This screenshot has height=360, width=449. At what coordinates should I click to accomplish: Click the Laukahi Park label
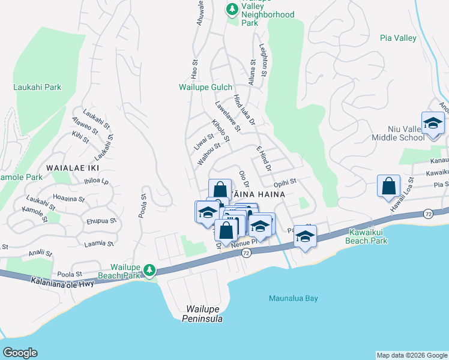pos(37,87)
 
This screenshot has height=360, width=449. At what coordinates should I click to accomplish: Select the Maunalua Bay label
pos(293,298)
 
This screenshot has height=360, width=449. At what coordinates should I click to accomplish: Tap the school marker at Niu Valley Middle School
pos(432,124)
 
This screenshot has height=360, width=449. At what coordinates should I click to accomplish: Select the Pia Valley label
pos(398,38)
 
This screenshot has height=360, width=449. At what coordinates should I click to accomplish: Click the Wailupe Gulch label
pos(205,87)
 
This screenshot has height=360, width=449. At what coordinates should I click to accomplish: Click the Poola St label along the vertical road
pos(143,205)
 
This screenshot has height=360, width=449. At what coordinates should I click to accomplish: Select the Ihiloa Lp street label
pos(97,181)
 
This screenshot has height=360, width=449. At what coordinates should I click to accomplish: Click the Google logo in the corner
pos(19,353)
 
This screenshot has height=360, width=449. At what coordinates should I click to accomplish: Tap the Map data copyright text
pos(412,355)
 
